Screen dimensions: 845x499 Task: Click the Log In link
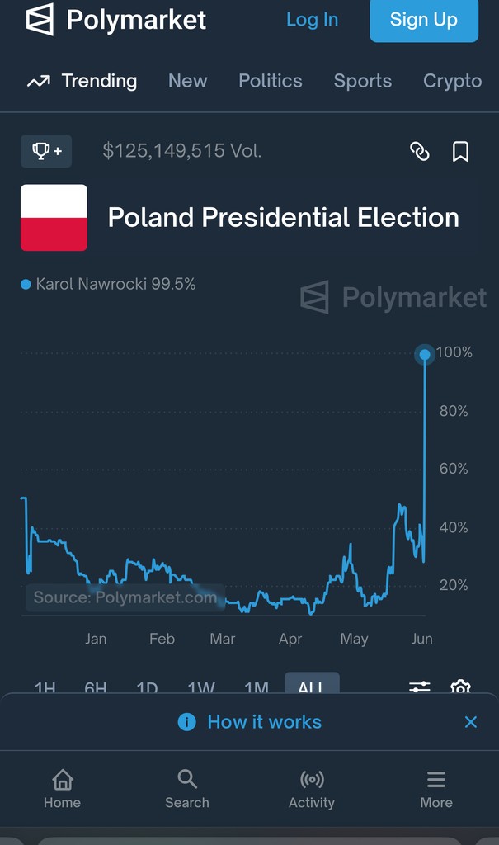[x=312, y=20]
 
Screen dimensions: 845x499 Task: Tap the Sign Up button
[x=423, y=20]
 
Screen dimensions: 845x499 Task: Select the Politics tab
[x=271, y=81]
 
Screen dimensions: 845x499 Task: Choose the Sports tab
[x=362, y=81]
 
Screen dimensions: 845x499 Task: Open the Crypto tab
[x=452, y=81]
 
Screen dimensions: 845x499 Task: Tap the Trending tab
[x=82, y=81]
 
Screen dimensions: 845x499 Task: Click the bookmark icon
[x=460, y=152]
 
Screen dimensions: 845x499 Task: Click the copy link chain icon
[x=420, y=152]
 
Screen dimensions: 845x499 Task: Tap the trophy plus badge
[x=46, y=151]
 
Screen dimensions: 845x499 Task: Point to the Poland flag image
[x=54, y=218]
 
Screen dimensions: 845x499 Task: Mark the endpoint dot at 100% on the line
[x=424, y=355]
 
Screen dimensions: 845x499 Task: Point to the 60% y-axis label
[x=454, y=469]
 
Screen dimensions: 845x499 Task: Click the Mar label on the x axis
[x=223, y=639]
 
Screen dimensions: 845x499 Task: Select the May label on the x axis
[x=354, y=639]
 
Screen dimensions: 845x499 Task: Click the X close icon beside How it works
[x=470, y=722]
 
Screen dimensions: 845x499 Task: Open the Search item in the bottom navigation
[x=187, y=788]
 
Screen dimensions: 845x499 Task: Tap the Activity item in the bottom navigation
[x=312, y=788]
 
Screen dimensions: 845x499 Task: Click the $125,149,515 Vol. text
[x=181, y=151]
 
